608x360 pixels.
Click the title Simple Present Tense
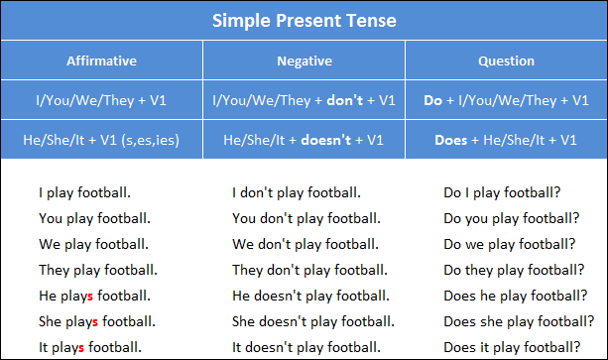(x=304, y=21)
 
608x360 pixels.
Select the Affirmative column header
(x=101, y=61)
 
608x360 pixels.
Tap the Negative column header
(x=304, y=61)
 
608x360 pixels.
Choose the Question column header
(x=506, y=61)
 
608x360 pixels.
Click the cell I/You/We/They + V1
(x=101, y=100)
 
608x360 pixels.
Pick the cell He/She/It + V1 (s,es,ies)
(x=101, y=140)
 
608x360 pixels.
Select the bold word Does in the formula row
(x=450, y=140)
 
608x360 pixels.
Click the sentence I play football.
(x=84, y=192)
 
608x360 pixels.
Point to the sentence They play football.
(x=97, y=270)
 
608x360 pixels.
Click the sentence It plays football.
(x=90, y=347)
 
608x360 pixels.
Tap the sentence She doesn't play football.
(x=312, y=321)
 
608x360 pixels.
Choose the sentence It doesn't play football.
(x=305, y=347)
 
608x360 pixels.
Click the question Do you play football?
(x=511, y=218)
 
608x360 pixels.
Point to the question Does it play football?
(x=511, y=347)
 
